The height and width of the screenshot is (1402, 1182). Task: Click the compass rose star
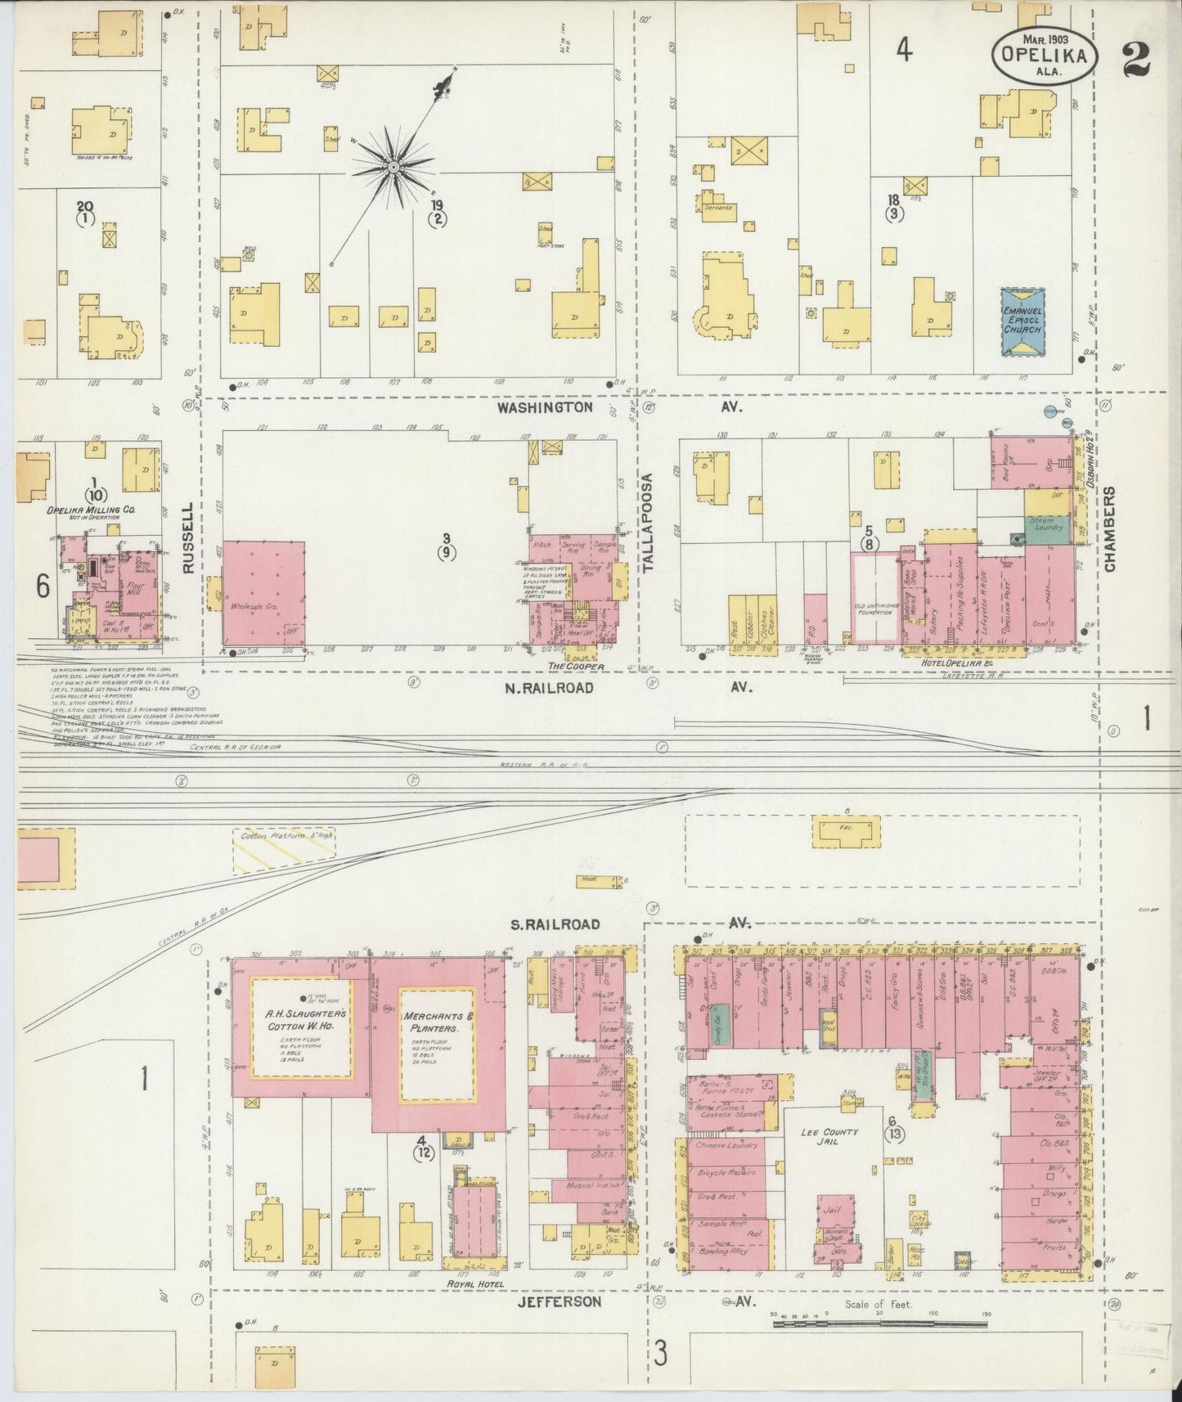[x=393, y=167]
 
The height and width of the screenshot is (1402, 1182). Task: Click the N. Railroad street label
[x=549, y=688]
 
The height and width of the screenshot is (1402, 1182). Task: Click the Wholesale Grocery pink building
[x=263, y=592]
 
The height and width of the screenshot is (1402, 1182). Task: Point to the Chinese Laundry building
[x=726, y=1145]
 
